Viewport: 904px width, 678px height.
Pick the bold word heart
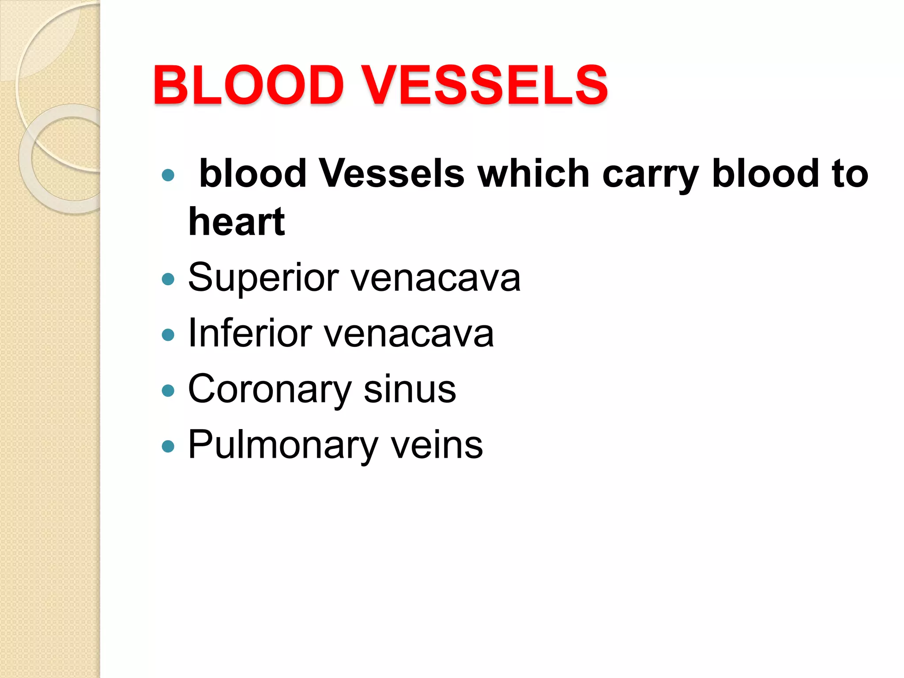coord(237,222)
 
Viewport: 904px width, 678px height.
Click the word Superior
coord(264,279)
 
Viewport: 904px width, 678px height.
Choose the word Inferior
coord(250,334)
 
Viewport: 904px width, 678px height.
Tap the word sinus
coord(410,390)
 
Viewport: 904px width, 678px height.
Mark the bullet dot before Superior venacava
coord(168,279)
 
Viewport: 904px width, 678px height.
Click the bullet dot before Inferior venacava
coord(168,335)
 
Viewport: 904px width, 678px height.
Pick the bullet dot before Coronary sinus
coord(168,390)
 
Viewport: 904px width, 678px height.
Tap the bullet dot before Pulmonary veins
coord(168,446)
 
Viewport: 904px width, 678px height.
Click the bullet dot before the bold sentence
coord(168,175)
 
